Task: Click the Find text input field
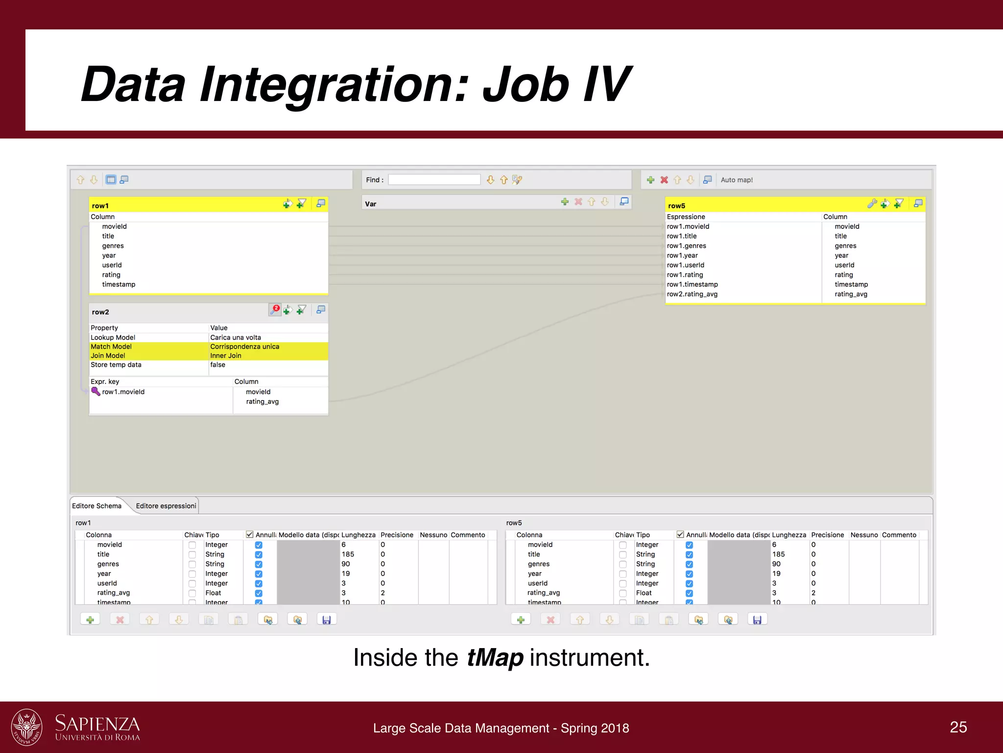point(434,180)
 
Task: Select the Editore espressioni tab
point(166,506)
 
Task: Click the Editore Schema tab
point(96,506)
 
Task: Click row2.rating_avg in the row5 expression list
point(692,294)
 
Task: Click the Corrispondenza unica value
point(244,347)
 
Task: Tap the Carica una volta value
point(236,337)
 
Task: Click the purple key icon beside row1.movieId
point(96,391)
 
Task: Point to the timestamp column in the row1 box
point(119,284)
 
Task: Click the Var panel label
point(371,204)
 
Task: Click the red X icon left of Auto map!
point(664,180)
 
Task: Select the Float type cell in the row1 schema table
point(213,593)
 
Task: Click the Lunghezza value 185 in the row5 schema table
point(778,554)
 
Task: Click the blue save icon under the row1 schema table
point(327,620)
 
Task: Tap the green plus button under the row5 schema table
point(521,620)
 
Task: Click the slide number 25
point(958,727)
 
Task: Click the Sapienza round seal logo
point(26,727)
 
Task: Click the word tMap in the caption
point(495,658)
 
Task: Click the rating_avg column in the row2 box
point(262,402)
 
